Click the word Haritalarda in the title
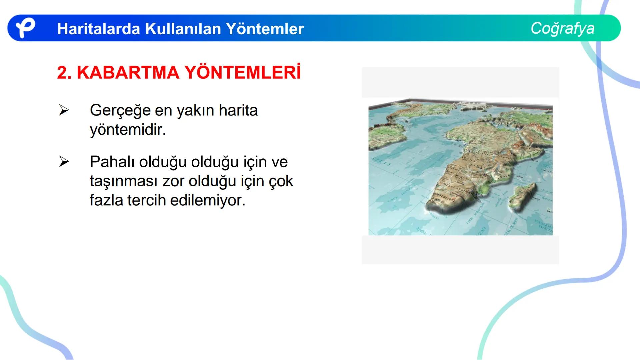point(98,29)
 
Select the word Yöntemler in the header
point(265,29)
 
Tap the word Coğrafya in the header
point(562,28)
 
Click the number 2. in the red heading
point(64,73)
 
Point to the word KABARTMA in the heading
point(128,73)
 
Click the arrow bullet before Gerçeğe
point(64,110)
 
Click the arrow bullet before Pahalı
point(64,162)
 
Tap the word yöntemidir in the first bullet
point(128,130)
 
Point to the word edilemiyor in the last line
point(208,200)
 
